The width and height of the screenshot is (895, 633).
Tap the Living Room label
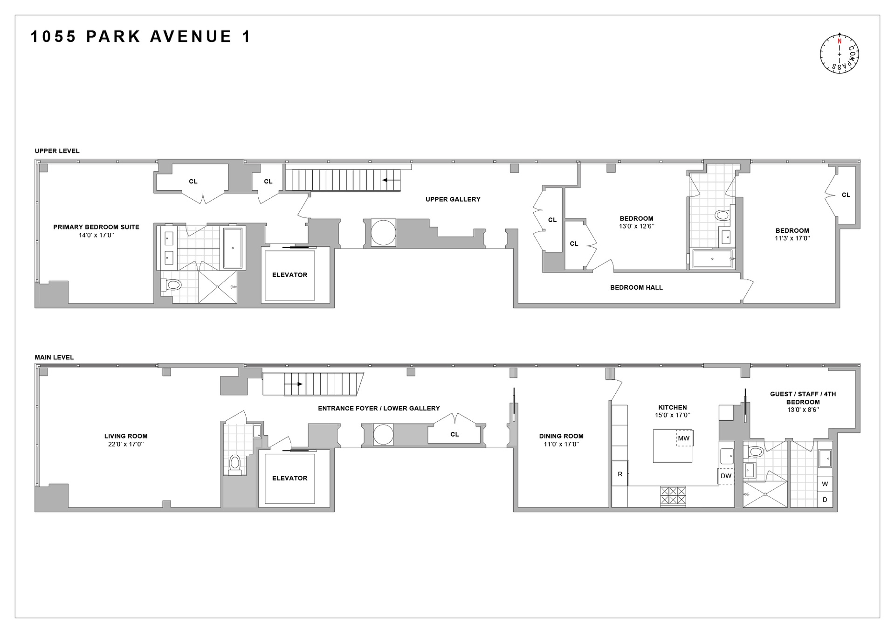(x=126, y=436)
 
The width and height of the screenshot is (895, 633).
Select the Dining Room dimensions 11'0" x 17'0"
(x=561, y=445)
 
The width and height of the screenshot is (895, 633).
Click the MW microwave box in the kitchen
(x=684, y=438)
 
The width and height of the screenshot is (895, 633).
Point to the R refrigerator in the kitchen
(x=620, y=474)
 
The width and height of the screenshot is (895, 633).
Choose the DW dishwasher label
(x=726, y=476)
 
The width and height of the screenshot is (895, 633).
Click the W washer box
(x=825, y=484)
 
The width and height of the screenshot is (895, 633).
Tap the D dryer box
(x=825, y=500)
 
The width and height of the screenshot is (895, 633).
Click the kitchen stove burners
(x=673, y=495)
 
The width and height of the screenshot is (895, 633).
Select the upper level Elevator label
(x=289, y=275)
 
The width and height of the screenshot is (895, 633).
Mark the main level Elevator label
(x=289, y=478)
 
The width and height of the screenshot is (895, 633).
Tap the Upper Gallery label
(x=453, y=199)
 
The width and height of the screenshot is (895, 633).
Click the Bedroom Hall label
(x=636, y=287)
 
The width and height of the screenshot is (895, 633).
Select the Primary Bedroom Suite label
(x=96, y=227)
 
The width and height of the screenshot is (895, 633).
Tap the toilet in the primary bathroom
(x=172, y=285)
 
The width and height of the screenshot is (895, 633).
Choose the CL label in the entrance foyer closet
(x=454, y=434)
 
